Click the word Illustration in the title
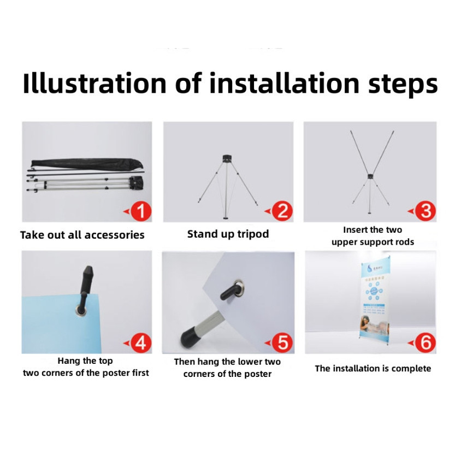point(94,84)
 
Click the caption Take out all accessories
point(82,235)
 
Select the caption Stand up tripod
point(228,234)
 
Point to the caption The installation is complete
point(373,369)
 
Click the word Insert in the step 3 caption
point(357,230)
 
